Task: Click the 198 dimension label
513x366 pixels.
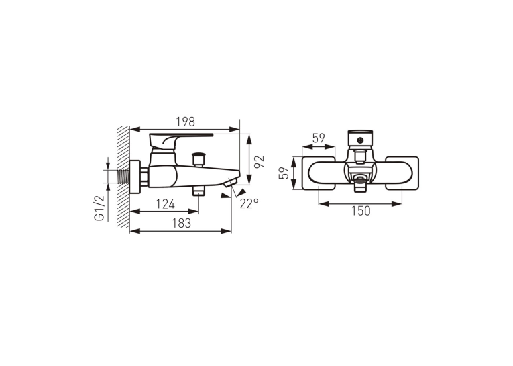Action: (x=185, y=122)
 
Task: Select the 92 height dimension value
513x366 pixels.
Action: (x=259, y=162)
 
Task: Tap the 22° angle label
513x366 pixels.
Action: (x=249, y=203)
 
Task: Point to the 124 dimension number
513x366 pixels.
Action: (x=165, y=204)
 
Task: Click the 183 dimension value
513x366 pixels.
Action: (x=181, y=223)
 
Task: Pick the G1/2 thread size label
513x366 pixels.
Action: (x=99, y=208)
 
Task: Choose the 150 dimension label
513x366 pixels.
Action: (x=361, y=211)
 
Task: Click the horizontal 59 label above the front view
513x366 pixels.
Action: (x=319, y=138)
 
